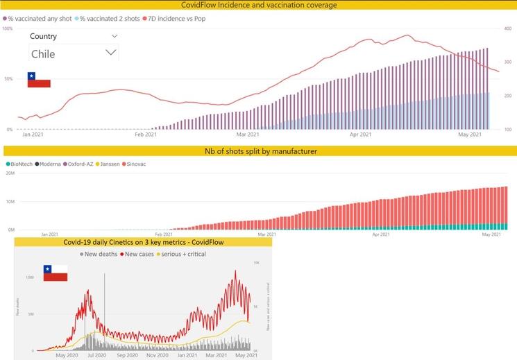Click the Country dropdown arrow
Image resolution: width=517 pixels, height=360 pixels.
pyautogui.click(x=115, y=36)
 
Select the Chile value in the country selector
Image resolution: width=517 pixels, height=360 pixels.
pyautogui.click(x=43, y=53)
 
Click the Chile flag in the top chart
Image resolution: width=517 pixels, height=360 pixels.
pyautogui.click(x=39, y=79)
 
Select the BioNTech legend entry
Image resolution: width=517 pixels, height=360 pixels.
pyautogui.click(x=21, y=164)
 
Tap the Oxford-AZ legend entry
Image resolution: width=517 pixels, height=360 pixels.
pyautogui.click(x=82, y=164)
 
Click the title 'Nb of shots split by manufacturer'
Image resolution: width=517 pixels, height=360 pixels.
pyautogui.click(x=261, y=151)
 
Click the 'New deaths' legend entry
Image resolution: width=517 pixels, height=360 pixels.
pyautogui.click(x=99, y=254)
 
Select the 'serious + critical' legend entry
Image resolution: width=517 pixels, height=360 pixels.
pyautogui.click(x=183, y=254)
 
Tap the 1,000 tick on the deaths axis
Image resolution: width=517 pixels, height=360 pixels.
pyautogui.click(x=29, y=277)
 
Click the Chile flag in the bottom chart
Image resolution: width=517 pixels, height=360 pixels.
pyautogui.click(x=55, y=273)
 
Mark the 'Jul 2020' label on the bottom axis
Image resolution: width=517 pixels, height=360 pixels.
pyautogui.click(x=97, y=355)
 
